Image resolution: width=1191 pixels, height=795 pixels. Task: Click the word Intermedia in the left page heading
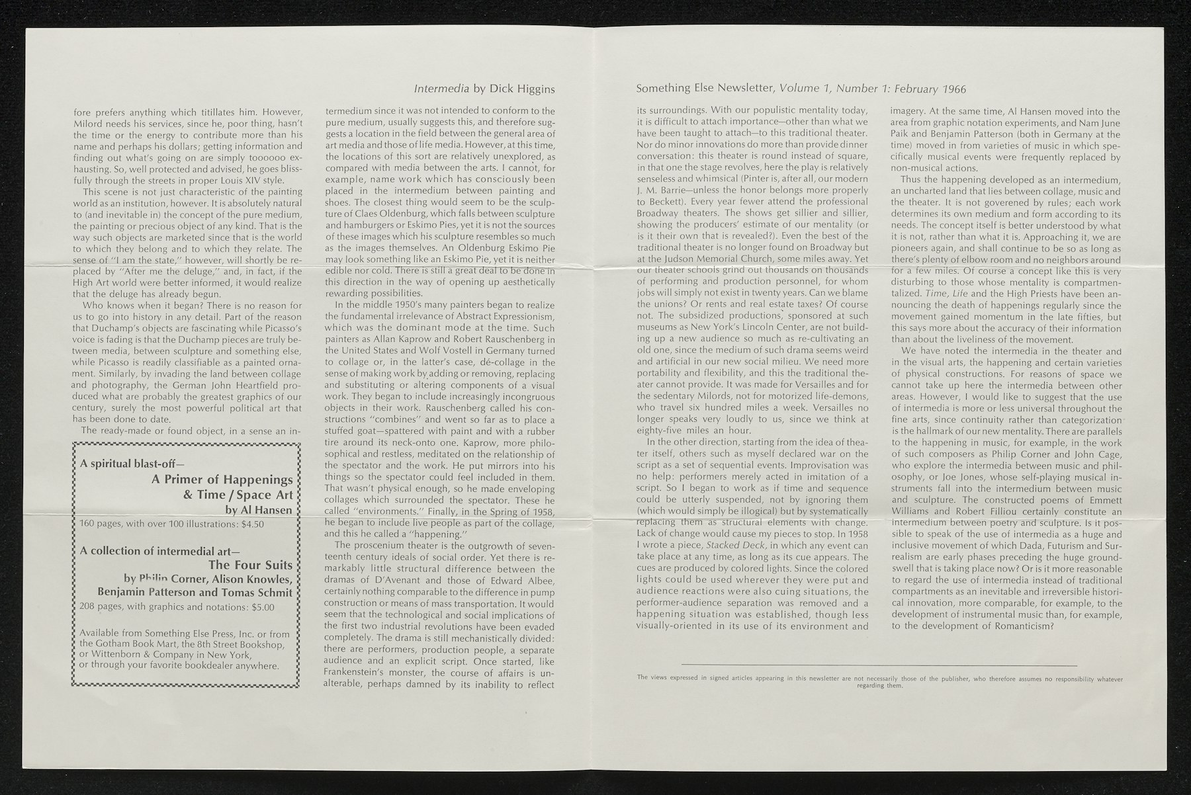(x=435, y=89)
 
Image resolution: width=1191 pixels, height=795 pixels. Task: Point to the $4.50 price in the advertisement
(x=253, y=524)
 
